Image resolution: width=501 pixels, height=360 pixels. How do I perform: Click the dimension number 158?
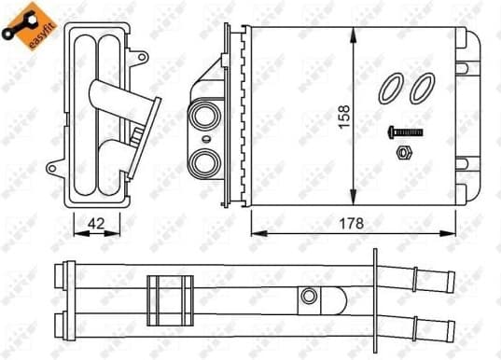click(x=343, y=119)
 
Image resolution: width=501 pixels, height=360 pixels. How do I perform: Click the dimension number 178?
click(x=352, y=224)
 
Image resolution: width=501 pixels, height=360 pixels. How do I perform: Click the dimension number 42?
click(x=94, y=224)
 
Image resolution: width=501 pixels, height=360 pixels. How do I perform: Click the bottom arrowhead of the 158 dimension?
click(x=353, y=201)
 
